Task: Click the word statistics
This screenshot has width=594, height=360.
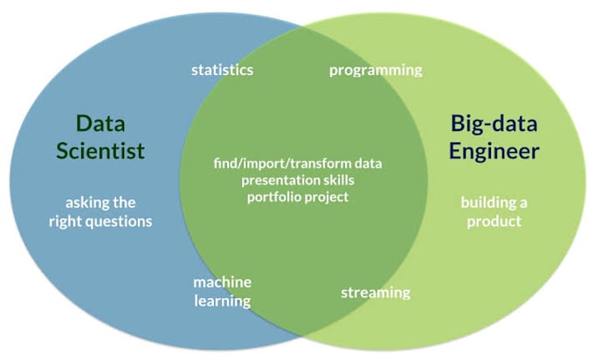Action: coord(223,70)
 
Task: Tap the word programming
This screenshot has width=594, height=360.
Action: coord(376,70)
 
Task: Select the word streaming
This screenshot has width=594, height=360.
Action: coord(376,292)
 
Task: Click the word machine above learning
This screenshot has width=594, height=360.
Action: coord(223,282)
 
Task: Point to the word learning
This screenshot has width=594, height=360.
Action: coord(223,301)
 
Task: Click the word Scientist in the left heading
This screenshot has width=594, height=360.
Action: coord(100,150)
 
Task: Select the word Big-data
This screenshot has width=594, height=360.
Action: coord(494,122)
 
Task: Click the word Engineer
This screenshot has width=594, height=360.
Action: coord(494,150)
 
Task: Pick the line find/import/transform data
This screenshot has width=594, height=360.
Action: coord(298,163)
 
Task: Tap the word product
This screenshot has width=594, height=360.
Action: coord(494,221)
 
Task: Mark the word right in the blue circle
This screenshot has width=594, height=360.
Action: coord(66,221)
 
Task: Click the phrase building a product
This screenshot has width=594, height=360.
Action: coord(494,211)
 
